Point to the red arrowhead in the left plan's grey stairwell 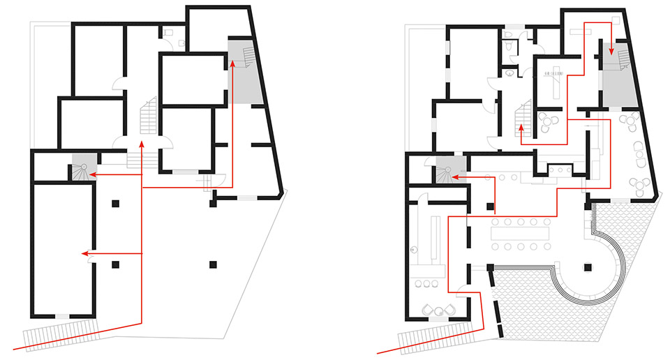coord(232,64)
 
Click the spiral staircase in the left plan coord(82,170)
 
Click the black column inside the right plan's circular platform coord(589,267)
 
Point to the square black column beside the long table coord(491,207)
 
